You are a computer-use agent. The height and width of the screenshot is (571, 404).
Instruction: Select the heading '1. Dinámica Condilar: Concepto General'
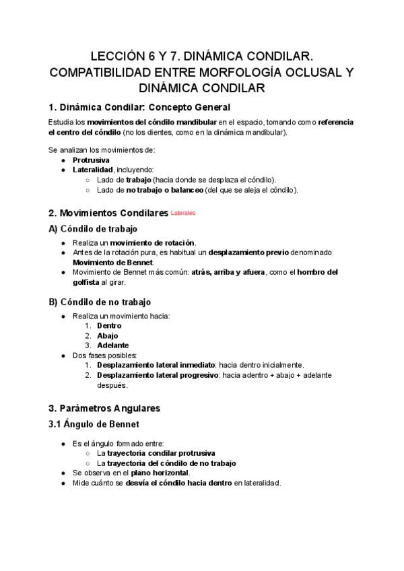coord(139,107)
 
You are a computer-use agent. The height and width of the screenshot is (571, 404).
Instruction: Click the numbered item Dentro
coord(109,325)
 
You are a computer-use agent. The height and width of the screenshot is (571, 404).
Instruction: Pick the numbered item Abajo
coord(107,335)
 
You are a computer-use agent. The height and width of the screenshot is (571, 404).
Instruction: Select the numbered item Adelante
coord(112,345)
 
